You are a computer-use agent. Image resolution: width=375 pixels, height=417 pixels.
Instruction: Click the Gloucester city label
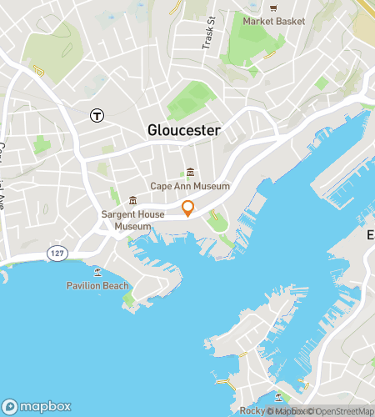click(x=184, y=131)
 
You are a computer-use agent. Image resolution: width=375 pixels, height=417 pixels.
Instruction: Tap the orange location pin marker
click(x=188, y=208)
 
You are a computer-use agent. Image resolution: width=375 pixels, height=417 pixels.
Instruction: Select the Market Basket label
click(x=274, y=21)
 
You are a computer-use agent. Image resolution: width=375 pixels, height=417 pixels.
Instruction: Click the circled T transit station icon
click(x=97, y=115)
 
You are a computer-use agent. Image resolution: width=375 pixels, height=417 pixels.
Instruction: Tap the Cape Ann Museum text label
click(x=190, y=186)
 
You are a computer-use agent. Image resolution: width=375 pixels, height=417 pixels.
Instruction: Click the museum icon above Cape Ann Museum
click(x=190, y=173)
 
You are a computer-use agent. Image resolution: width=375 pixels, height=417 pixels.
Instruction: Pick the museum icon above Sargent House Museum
click(x=132, y=201)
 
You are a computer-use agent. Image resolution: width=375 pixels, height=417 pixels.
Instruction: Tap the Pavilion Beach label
click(x=97, y=286)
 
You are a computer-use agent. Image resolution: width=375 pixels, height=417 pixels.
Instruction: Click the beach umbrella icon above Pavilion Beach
click(x=97, y=272)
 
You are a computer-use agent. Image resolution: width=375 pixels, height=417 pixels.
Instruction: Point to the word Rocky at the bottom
click(x=252, y=410)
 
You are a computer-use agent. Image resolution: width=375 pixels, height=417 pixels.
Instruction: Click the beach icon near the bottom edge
click(x=277, y=396)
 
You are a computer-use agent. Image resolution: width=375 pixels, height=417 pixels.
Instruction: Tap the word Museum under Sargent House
click(x=132, y=226)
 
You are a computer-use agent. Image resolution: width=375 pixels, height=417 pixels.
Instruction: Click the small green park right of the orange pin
click(x=218, y=222)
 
